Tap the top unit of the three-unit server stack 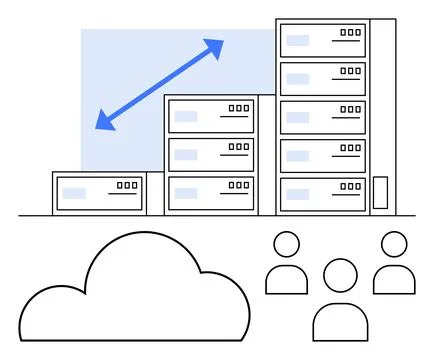211,114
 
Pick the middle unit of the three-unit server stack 211,152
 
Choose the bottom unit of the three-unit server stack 211,190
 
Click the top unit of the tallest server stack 322,39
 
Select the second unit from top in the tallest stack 322,77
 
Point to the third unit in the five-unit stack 322,115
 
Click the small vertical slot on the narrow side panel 380,192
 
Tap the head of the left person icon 287,245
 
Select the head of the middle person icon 340,273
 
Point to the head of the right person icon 395,245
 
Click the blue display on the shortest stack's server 74,192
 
